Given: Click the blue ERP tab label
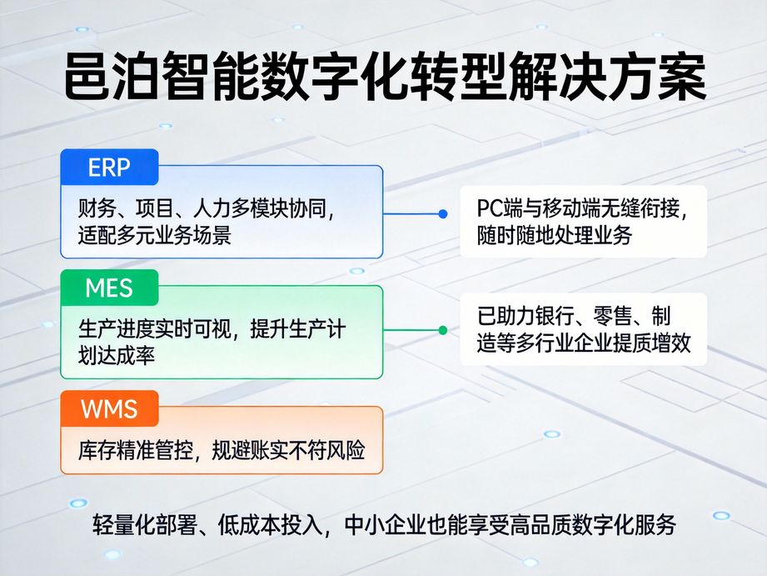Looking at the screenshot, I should pyautogui.click(x=109, y=168).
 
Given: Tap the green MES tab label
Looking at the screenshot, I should pyautogui.click(x=109, y=288).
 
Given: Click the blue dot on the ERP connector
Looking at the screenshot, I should pyautogui.click(x=443, y=213).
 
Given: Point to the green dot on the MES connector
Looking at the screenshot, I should pyautogui.click(x=443, y=329).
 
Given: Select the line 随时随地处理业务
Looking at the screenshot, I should pyautogui.click(x=555, y=235).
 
